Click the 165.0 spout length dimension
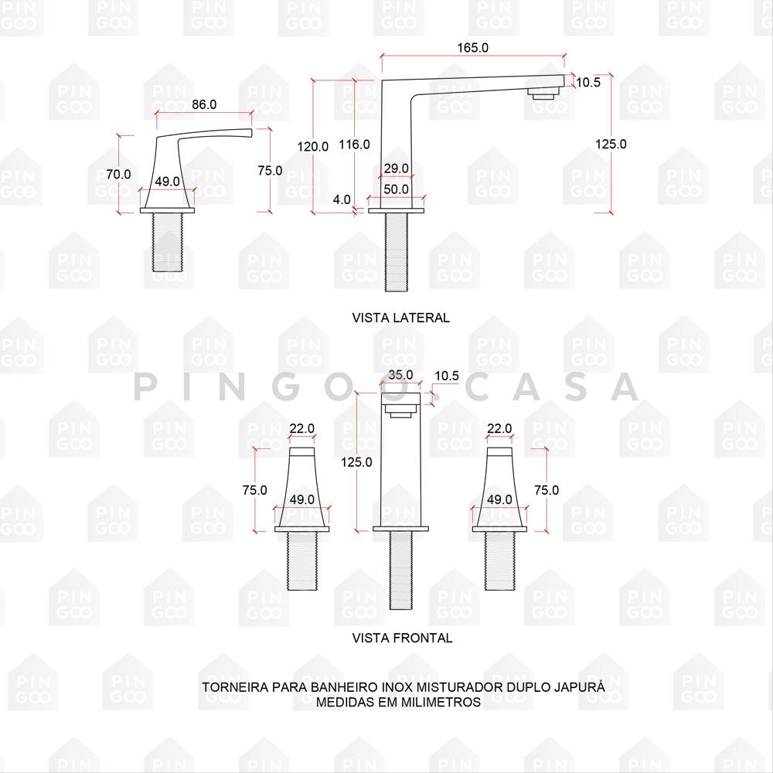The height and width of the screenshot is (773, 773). point(473,48)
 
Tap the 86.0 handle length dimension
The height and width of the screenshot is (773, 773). point(204,104)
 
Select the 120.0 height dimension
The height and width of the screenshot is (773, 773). point(312,146)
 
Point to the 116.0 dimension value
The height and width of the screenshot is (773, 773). point(355,145)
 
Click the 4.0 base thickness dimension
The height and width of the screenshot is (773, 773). point(342,199)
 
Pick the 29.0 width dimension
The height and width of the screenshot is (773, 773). point(397,168)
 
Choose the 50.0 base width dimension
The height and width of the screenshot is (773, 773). point(397,189)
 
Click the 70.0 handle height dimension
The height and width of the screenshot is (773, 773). point(119,174)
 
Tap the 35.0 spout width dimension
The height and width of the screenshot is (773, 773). point(400,375)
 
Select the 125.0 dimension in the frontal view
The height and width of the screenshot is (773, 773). point(356,462)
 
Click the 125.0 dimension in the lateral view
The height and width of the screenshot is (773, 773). point(611,144)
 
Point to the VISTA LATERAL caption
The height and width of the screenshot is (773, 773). point(400,318)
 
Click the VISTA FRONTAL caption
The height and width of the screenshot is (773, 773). point(402,638)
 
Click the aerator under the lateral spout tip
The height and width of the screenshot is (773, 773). point(545,92)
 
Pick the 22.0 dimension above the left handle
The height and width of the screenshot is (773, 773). point(301,428)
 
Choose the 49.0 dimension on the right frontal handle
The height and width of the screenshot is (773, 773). point(499,499)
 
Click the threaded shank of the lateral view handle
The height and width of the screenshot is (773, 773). point(167,242)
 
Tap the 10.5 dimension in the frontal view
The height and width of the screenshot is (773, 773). point(447,376)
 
